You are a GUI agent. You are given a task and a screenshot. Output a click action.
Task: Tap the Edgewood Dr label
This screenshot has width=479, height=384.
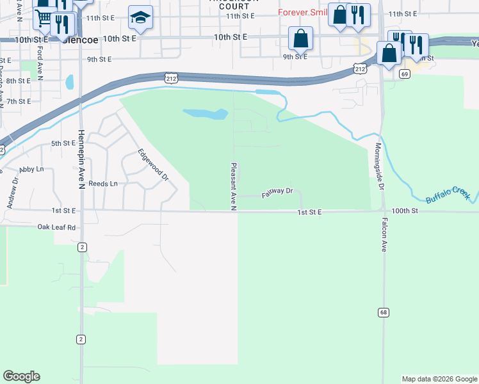pyautogui.click(x=152, y=164)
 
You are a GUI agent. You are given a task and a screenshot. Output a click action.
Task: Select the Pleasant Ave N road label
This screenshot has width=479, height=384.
pyautogui.click(x=234, y=184)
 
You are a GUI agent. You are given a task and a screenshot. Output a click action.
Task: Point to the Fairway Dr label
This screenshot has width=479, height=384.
pyautogui.click(x=277, y=191)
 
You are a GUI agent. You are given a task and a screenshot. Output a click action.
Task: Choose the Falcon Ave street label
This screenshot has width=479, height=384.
pyautogui.click(x=384, y=234)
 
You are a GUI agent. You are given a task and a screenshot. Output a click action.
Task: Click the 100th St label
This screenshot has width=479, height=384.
pyautogui.click(x=405, y=211)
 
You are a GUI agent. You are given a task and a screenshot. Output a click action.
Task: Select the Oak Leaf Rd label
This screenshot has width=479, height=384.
pyautogui.click(x=56, y=227)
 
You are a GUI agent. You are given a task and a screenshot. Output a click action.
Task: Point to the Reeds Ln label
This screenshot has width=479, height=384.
pyautogui.click(x=103, y=184)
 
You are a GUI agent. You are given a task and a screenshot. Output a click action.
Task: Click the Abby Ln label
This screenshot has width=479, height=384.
pyautogui.click(x=31, y=170)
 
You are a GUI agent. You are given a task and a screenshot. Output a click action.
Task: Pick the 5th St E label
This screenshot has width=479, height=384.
pyautogui.click(x=63, y=143)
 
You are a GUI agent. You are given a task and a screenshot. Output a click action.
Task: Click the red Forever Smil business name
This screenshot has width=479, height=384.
pyautogui.click(x=302, y=13)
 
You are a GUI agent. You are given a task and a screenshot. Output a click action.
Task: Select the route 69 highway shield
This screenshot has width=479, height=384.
pyautogui.click(x=404, y=74)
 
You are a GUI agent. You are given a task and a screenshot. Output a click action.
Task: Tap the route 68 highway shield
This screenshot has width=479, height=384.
pyautogui.click(x=384, y=312)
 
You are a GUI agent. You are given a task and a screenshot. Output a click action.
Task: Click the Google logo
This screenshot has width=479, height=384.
pyautogui.click(x=21, y=376)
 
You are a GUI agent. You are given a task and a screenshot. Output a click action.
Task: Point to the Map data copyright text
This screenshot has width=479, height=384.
pyautogui.click(x=439, y=379)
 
